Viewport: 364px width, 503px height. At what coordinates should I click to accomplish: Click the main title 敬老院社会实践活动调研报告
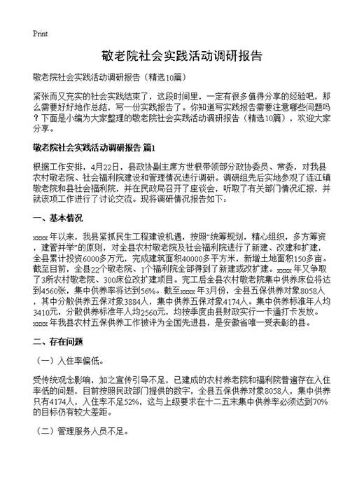pyautogui.click(x=182, y=57)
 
